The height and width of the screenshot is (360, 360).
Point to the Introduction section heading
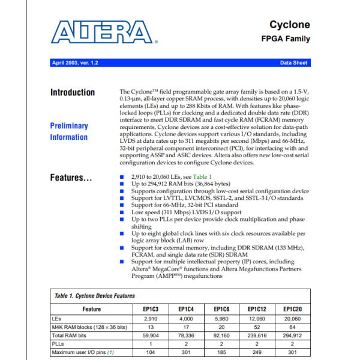coord(72,92)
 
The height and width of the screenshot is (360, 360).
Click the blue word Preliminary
coord(69,126)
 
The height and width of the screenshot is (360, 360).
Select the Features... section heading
coord(70,178)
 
